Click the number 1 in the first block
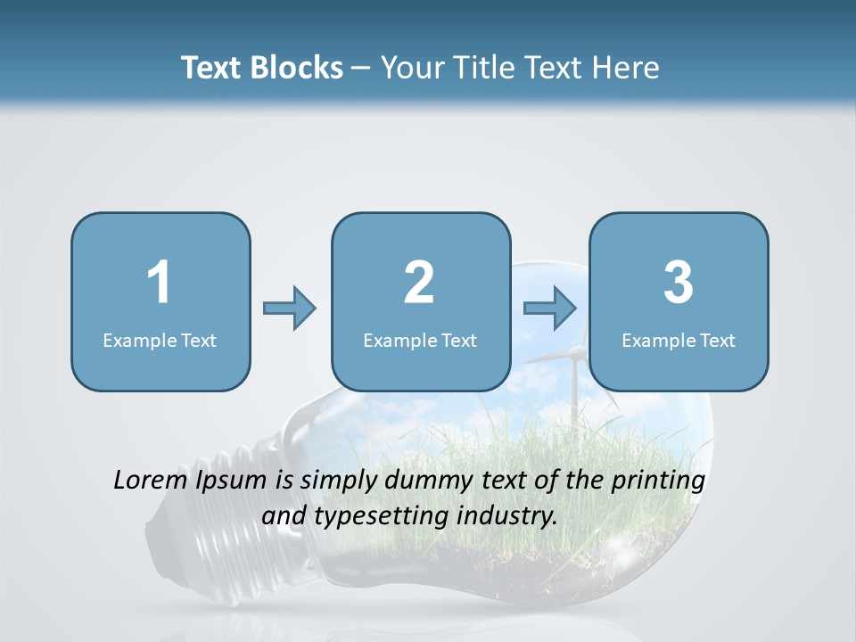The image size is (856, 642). click(x=160, y=283)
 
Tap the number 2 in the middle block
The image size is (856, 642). click(x=419, y=283)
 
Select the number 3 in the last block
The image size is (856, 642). click(x=679, y=283)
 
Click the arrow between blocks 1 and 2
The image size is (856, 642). click(x=290, y=309)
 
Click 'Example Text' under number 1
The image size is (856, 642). click(x=160, y=340)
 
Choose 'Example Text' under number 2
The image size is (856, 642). click(x=420, y=340)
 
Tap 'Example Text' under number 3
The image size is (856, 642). click(x=679, y=340)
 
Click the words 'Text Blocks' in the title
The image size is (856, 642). click(x=261, y=68)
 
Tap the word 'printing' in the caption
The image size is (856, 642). click(x=658, y=481)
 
